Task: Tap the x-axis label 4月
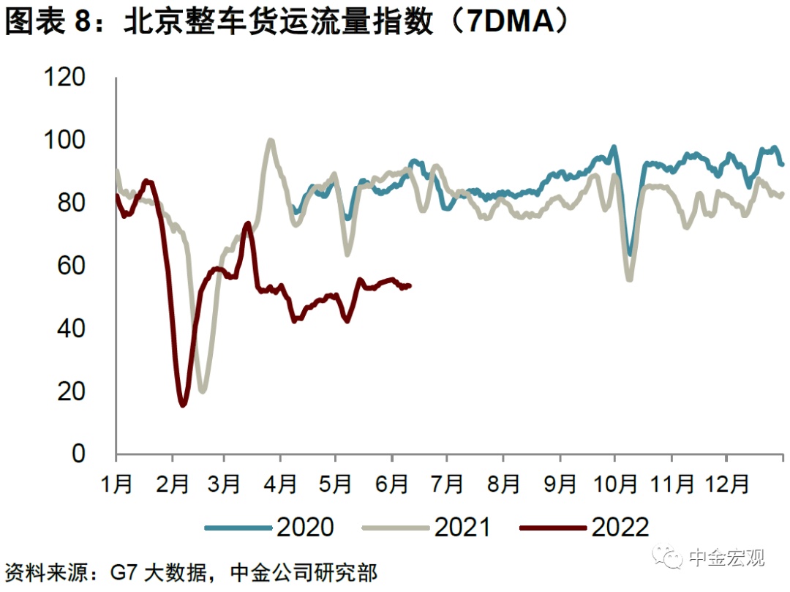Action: tap(279, 484)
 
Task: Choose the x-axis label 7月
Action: tap(447, 484)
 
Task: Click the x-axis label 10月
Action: tap(615, 484)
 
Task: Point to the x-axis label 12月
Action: tap(726, 484)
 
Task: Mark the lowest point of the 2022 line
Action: tap(182, 405)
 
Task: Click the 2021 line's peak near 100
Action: tap(271, 140)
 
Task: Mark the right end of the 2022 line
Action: tap(410, 285)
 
